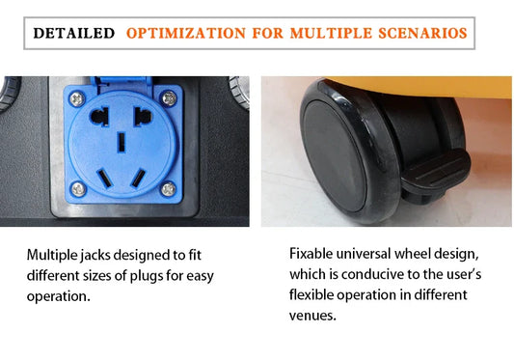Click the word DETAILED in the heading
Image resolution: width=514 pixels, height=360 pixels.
pos(74,33)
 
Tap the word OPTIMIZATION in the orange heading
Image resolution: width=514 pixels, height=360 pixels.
pos(186,33)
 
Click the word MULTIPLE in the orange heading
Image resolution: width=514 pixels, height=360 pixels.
pos(331,33)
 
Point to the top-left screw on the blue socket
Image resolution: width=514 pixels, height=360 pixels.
pos(77,98)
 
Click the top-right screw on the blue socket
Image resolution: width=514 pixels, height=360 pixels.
pos(169,98)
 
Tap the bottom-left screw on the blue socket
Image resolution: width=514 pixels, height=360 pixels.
pos(78,189)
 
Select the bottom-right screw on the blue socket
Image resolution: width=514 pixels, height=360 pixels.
pos(168,189)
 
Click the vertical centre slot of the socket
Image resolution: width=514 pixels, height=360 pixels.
pos(122,142)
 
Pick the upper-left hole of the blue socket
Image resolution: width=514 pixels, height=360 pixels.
pos(99,117)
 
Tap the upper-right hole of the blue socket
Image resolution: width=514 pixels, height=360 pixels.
pos(143,117)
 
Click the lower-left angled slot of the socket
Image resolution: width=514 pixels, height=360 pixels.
pos(104,178)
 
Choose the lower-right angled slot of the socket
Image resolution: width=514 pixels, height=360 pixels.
pos(138,178)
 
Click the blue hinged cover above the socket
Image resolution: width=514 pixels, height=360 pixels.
pos(121,83)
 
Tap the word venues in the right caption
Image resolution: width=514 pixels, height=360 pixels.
pos(312,316)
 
